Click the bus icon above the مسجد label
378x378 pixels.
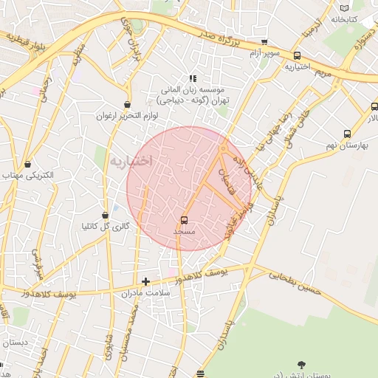pos(184,220)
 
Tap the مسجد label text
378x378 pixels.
pos(184,232)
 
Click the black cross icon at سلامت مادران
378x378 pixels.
pos(145,281)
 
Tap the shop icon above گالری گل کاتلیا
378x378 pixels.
pos(106,215)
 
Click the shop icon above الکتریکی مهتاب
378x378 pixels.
pos(27,164)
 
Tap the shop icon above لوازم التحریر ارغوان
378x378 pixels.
pos(128,105)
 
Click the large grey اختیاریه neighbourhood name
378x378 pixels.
pos(131,160)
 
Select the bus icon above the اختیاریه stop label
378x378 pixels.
pos(297,55)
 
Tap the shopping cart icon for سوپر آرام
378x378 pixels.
pos(264,42)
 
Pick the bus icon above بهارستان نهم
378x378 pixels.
pos(347,134)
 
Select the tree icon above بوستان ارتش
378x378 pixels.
pos(300,365)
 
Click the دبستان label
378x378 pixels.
pos(15,343)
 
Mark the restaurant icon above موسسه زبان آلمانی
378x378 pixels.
pos(193,78)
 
